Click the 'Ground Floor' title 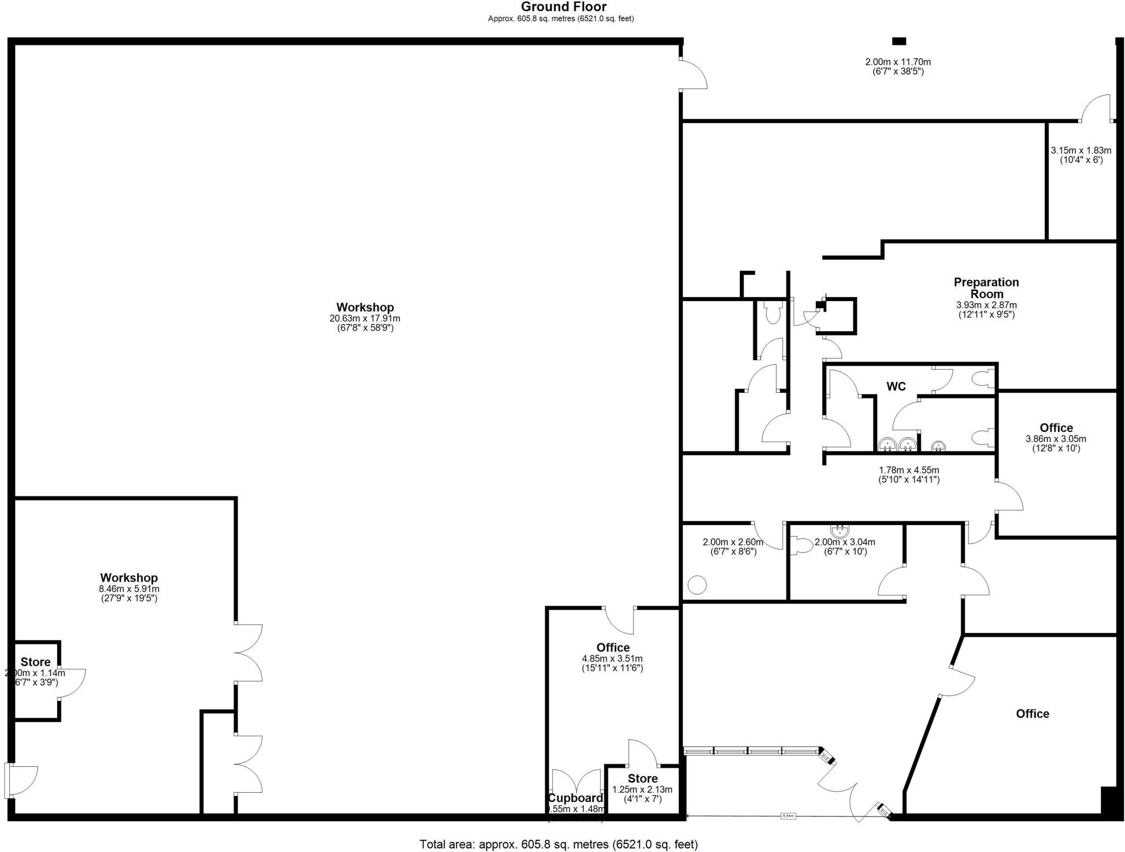click(x=564, y=7)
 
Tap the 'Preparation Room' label click(x=986, y=288)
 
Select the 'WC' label click(x=896, y=387)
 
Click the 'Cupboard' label click(x=575, y=798)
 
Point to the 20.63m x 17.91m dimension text click(x=365, y=319)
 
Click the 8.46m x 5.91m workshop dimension click(x=129, y=589)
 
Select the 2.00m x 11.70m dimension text click(x=898, y=63)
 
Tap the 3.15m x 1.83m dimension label click(x=1081, y=151)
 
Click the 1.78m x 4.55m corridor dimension click(x=909, y=470)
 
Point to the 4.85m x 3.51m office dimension click(x=612, y=659)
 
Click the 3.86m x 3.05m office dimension click(x=1055, y=439)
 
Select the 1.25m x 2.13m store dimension click(x=642, y=790)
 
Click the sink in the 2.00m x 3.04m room click(x=839, y=531)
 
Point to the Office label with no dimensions click(x=1032, y=714)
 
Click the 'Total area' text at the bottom click(x=558, y=844)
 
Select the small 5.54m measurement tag click(x=788, y=816)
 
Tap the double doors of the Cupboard click(x=576, y=781)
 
